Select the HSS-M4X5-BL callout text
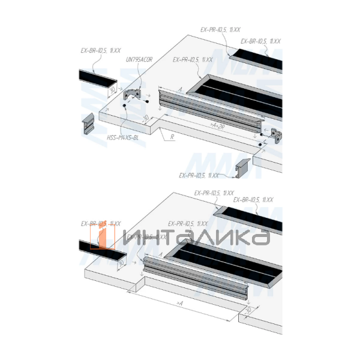[123, 137]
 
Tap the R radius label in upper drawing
[172, 137]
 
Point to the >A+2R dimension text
[217, 126]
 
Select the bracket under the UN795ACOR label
[133, 94]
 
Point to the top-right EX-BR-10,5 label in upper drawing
[260, 41]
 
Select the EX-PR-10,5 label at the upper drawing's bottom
[199, 175]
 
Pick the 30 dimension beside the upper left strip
[112, 90]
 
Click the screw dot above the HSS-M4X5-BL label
[124, 106]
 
